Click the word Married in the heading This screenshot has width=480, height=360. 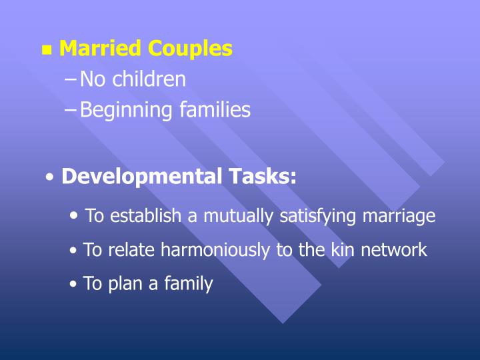(101, 49)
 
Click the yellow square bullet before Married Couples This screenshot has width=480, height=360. (47, 50)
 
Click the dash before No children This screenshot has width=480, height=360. (71, 80)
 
